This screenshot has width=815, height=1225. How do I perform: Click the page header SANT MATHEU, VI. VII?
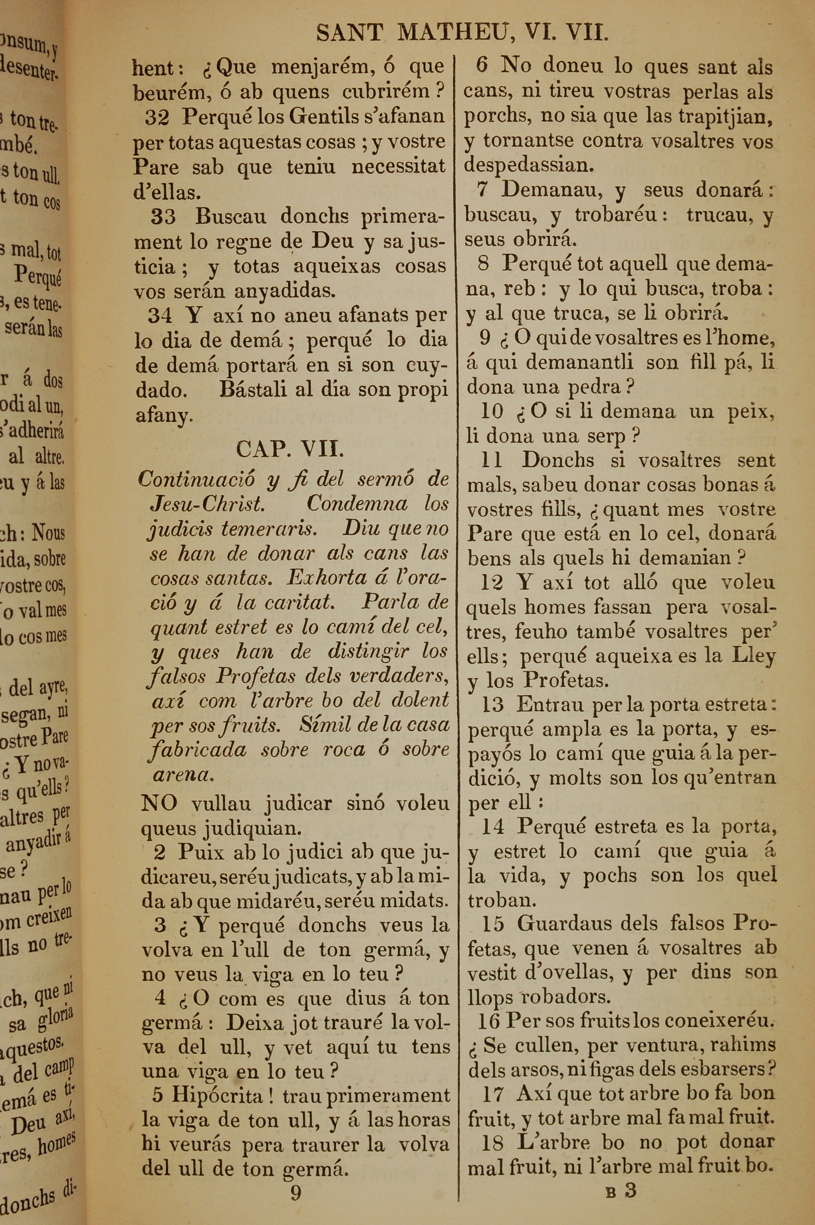pos(462,34)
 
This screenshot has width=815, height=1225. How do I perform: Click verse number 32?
pos(157,117)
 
